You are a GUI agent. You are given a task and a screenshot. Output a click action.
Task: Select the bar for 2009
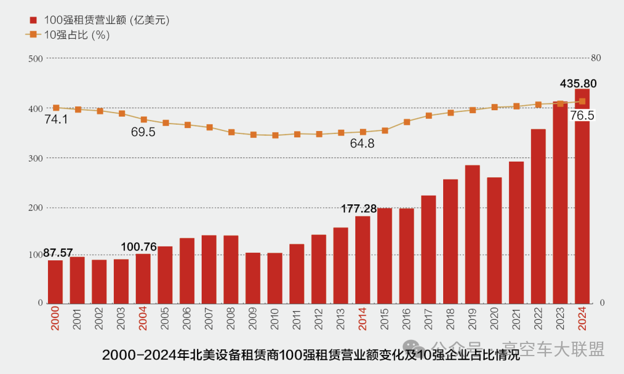click(253, 278)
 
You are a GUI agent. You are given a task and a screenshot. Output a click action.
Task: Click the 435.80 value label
click(578, 84)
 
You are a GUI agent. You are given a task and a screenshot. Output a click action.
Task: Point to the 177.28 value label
click(358, 208)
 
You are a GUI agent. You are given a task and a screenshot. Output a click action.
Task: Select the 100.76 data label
click(139, 247)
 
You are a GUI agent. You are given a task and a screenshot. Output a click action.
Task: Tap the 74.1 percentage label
click(56, 119)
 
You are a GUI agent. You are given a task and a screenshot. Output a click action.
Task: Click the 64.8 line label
click(362, 144)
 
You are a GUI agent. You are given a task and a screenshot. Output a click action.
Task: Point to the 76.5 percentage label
click(582, 115)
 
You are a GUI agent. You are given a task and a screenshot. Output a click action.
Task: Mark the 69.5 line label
click(143, 132)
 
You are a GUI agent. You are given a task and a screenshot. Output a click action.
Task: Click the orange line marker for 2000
click(56, 108)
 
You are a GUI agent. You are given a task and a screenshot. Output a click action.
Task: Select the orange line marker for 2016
click(407, 122)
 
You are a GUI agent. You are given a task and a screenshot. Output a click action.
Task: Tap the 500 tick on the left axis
click(36, 58)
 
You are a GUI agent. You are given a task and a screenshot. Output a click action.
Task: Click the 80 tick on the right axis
click(596, 58)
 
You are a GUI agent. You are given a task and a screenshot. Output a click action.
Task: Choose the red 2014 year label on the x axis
click(363, 318)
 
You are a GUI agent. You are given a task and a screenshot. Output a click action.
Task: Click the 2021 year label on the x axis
click(517, 318)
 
